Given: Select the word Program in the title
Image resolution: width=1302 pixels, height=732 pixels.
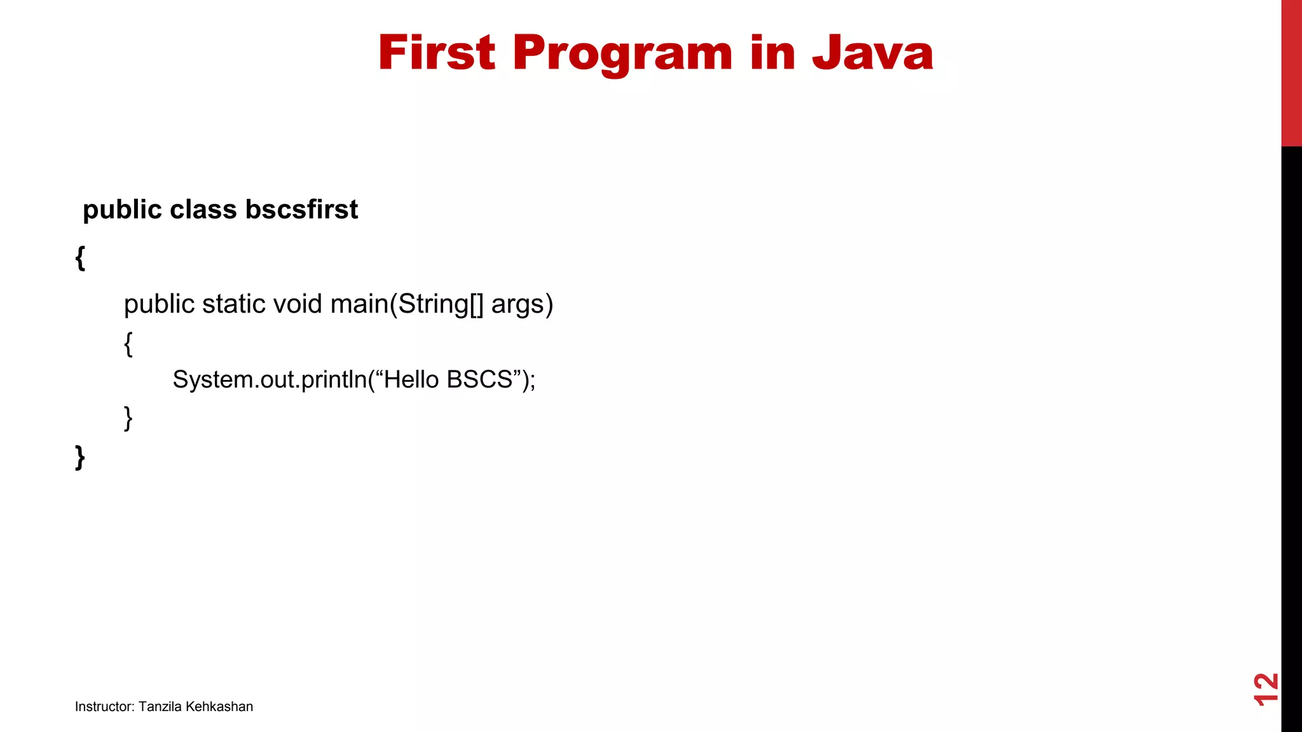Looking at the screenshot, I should tap(622, 54).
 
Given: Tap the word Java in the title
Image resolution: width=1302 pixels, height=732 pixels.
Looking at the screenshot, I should tap(872, 53).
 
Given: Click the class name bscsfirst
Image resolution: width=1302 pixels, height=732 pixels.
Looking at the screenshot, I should tap(301, 210).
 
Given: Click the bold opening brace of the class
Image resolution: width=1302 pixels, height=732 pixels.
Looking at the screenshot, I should tap(80, 258).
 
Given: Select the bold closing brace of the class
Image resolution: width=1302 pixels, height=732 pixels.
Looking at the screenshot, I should tap(80, 457).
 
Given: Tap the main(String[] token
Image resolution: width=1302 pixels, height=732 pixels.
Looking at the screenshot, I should tap(407, 304).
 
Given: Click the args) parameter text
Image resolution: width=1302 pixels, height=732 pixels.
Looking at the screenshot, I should tap(522, 304).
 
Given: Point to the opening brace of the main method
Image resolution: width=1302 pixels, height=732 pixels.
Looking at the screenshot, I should tap(128, 344).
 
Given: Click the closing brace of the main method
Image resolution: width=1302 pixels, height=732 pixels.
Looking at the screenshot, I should tap(128, 418).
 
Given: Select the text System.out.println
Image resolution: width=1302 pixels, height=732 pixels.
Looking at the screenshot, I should tap(270, 380).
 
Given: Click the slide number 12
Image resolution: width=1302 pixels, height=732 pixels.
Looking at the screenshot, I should tap(1265, 689).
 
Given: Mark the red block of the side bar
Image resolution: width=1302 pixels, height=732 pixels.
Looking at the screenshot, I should tap(1291, 73).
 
